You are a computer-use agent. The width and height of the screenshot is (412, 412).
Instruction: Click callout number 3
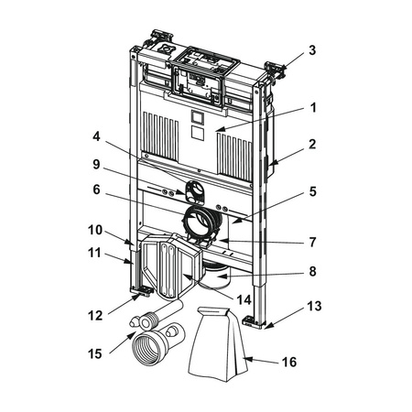312,50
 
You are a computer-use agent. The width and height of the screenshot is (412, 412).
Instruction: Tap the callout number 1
313,108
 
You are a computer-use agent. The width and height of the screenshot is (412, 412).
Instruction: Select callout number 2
312,145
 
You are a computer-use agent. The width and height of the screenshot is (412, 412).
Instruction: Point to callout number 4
96,136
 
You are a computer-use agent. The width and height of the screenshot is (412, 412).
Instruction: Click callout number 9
96,165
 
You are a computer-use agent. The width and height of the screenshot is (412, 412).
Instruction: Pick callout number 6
96,190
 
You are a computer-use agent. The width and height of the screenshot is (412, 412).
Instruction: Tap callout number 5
313,191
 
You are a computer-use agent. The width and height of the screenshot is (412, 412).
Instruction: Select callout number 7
312,243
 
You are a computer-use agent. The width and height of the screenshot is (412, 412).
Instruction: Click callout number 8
312,271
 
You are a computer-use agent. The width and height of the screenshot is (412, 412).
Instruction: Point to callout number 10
95,230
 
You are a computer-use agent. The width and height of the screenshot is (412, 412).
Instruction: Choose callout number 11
94,253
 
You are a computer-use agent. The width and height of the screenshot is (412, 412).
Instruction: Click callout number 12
95,316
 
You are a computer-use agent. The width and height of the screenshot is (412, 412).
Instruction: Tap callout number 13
314,306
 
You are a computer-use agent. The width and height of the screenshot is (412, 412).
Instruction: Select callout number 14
244,300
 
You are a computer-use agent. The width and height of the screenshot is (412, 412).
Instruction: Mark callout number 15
95,354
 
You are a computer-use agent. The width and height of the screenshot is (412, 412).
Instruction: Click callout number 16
289,363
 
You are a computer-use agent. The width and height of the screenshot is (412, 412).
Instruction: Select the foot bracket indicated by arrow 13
253,322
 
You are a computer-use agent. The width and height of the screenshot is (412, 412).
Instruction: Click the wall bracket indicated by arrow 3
275,70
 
